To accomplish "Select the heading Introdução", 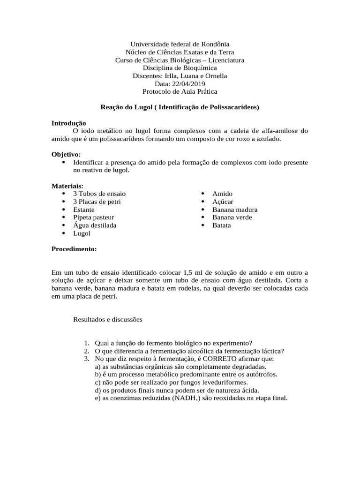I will coord(68,122).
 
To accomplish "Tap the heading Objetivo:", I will coord(66,154).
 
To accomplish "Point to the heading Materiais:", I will coord(67,186).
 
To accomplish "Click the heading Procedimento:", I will coord(74,249).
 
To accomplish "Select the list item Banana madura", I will coord(235,210).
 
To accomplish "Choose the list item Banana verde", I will coord(232,217).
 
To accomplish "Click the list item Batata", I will coord(222,225).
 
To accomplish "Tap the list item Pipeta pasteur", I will coord(93,217).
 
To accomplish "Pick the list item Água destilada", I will coord(95,225).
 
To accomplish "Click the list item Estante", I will coord(83,210).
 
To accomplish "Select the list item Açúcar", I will coord(223,202).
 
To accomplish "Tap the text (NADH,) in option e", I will coord(183,398).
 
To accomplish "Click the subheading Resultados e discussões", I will coord(107,319).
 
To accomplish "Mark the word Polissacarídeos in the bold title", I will coord(232,107).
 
